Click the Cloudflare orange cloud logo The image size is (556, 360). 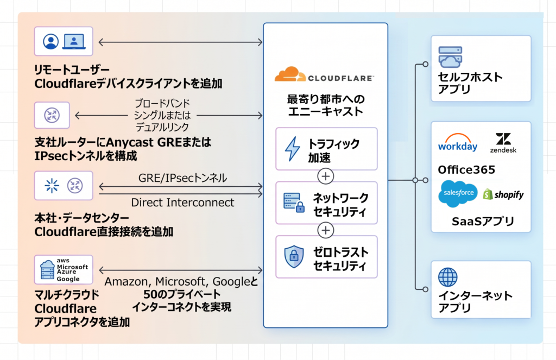[x=290, y=74]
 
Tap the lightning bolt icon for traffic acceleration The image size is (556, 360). [x=293, y=149]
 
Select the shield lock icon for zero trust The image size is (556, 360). [x=294, y=256]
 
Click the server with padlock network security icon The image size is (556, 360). [x=294, y=203]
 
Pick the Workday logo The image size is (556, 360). [x=457, y=143]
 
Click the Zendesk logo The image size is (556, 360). [x=503, y=143]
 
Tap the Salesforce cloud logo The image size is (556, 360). [x=458, y=193]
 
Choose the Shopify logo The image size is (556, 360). [x=503, y=194]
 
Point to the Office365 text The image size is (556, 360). [x=466, y=169]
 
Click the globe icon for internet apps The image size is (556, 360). [x=447, y=277]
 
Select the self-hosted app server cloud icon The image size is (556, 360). [x=450, y=57]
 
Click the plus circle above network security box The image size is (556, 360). [x=326, y=176]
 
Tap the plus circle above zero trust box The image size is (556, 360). [x=326, y=230]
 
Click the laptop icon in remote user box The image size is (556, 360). [x=74, y=41]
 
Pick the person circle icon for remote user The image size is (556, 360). [x=50, y=41]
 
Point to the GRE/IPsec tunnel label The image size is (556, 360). [x=182, y=178]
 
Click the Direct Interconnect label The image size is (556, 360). [x=182, y=203]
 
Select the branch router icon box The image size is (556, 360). [x=52, y=115]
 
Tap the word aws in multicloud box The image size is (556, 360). [x=63, y=260]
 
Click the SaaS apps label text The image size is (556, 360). [x=483, y=222]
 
